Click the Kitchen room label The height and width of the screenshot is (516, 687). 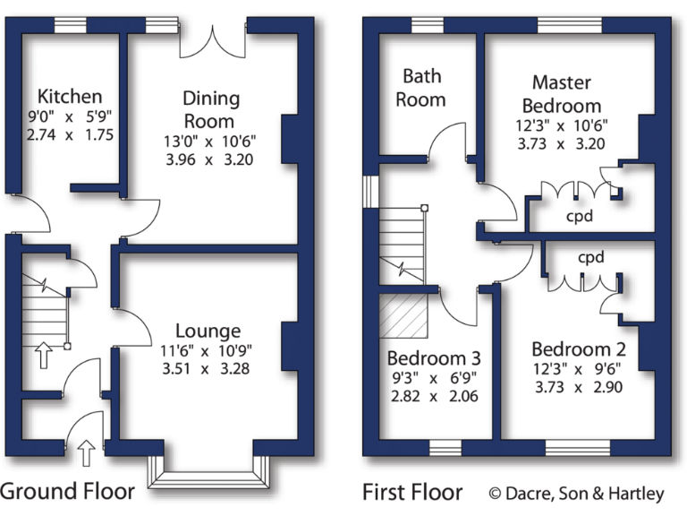(70, 96)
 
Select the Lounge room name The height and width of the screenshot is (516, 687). (208, 331)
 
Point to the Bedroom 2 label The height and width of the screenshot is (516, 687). (578, 349)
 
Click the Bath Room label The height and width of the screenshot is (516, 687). (420, 88)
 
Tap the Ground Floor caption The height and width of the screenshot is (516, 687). (68, 491)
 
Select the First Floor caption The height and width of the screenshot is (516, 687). (412, 491)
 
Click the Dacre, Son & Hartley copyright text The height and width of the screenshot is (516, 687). (576, 493)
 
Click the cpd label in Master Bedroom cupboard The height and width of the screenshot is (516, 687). (580, 217)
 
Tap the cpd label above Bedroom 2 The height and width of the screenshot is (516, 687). (591, 257)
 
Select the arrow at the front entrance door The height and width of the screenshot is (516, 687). (86, 453)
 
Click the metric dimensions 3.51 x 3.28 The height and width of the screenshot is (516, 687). (208, 368)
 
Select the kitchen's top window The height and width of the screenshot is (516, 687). (70, 26)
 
